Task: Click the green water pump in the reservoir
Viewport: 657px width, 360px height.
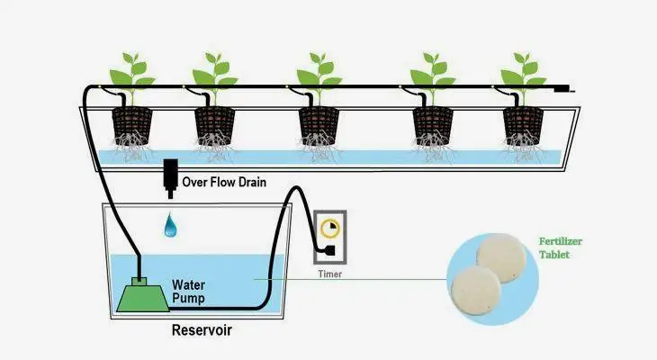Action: [x=140, y=294]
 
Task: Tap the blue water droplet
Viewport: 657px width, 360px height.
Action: [x=170, y=227]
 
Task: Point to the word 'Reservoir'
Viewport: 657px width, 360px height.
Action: [x=202, y=330]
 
